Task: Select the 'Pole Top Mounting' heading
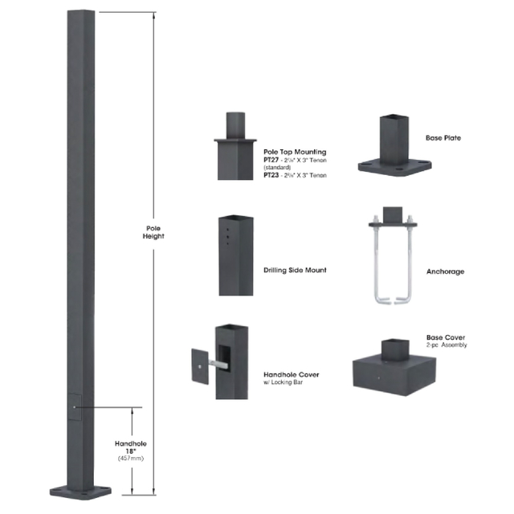click(x=294, y=151)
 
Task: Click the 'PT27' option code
click(x=272, y=159)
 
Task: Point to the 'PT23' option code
click(x=272, y=174)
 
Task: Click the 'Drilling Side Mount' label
click(x=295, y=270)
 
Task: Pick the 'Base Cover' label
click(x=445, y=337)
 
